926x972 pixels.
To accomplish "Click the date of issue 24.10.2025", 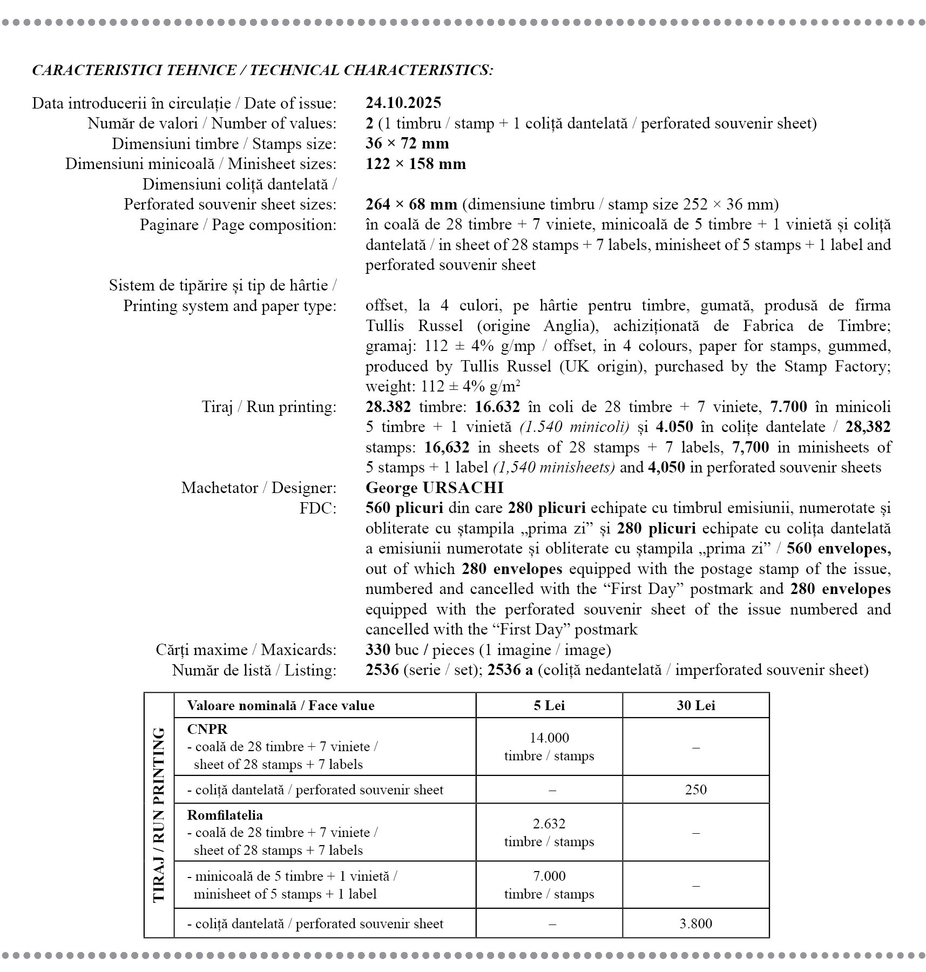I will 403,103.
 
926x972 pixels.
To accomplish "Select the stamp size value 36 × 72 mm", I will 407,143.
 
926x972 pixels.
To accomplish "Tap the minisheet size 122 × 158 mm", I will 415,164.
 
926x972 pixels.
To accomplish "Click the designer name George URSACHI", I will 434,488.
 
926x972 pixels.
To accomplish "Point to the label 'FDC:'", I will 318,508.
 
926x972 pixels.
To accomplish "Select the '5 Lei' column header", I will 549,705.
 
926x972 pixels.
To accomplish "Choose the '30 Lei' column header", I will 695,705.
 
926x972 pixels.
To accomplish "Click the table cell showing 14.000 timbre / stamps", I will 549,746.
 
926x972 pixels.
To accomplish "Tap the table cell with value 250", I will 695,789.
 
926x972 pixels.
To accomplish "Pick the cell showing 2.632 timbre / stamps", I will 549,832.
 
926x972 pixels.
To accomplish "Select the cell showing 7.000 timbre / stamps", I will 549,885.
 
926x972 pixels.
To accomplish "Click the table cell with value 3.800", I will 695,923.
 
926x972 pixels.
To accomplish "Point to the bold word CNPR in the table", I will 207,729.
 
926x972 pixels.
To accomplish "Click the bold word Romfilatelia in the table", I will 225,815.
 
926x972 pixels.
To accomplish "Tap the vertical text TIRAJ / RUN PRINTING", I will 159,815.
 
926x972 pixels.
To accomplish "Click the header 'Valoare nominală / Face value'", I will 280,705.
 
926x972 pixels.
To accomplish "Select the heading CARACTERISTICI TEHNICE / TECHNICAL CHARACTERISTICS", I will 262,70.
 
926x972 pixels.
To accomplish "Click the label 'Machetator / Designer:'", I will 259,488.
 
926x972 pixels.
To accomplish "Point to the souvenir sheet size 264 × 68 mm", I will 411,204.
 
